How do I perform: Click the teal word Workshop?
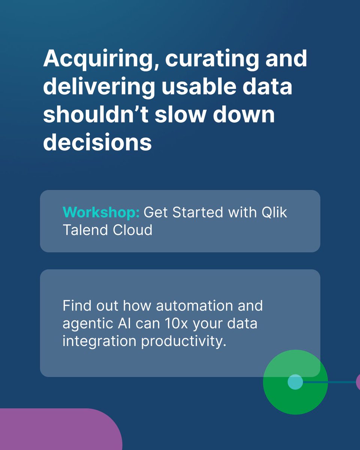point(101,213)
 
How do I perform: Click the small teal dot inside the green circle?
point(295,382)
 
